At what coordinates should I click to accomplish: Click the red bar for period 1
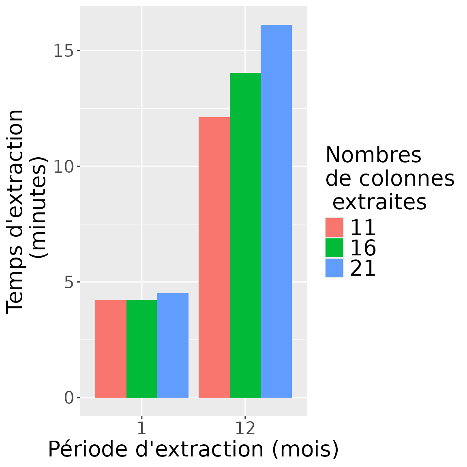(x=111, y=349)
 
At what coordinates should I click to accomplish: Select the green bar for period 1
(x=142, y=349)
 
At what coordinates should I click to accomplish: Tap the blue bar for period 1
(x=173, y=345)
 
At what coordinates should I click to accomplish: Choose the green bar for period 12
(x=245, y=235)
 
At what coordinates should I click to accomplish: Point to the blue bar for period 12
(x=276, y=211)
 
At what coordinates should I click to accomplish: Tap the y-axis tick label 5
(x=69, y=282)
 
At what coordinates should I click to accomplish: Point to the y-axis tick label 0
(x=69, y=398)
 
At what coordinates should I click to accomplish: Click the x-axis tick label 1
(x=141, y=428)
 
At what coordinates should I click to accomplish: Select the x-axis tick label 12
(x=245, y=428)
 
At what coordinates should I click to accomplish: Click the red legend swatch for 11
(x=334, y=227)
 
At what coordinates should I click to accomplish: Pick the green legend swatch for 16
(x=334, y=248)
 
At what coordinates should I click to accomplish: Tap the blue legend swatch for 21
(x=334, y=268)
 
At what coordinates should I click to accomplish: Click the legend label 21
(x=363, y=268)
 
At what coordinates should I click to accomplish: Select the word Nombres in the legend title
(x=373, y=155)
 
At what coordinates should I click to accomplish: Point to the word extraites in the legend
(x=379, y=201)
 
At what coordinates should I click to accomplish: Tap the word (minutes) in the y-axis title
(x=40, y=208)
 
